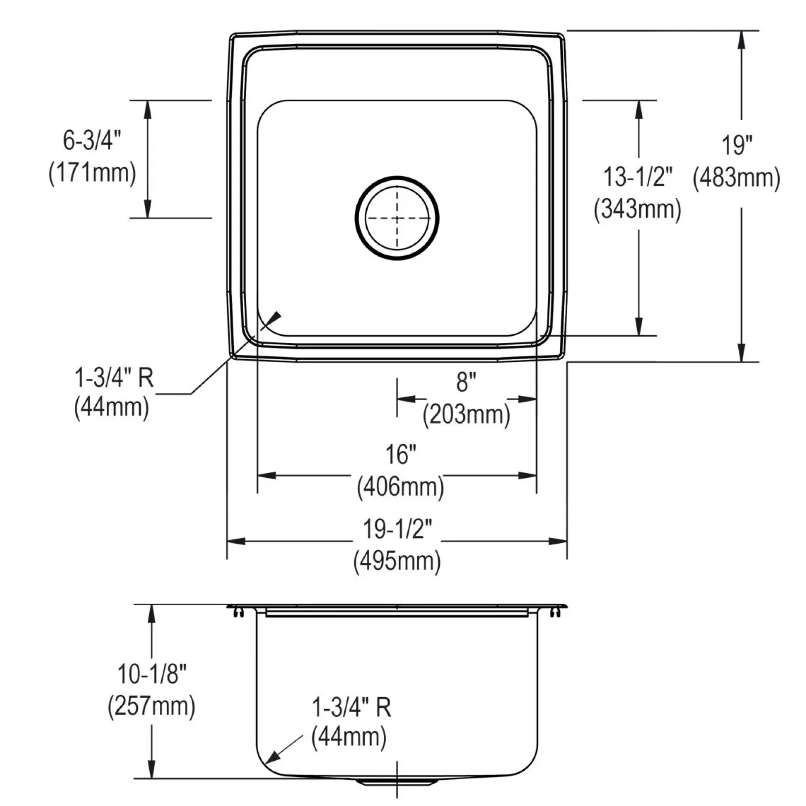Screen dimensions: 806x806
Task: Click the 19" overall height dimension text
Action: click(x=736, y=145)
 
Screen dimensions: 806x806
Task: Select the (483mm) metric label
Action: click(x=736, y=178)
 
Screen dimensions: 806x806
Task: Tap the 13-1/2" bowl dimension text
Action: click(x=638, y=177)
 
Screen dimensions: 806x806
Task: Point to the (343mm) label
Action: click(x=638, y=209)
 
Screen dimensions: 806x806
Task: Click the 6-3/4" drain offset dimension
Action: click(x=92, y=140)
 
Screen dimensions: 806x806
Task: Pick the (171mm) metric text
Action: click(x=92, y=172)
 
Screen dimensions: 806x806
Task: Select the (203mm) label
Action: click(x=466, y=414)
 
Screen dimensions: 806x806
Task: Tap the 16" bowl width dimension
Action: click(x=401, y=454)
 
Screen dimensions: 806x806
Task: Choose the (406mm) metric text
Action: click(x=401, y=487)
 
